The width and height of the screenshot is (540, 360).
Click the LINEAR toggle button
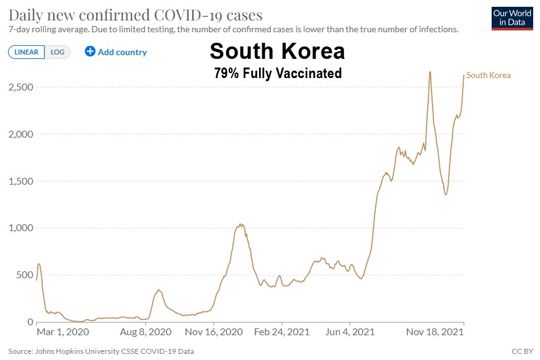[26, 52]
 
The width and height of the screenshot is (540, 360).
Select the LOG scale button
[58, 52]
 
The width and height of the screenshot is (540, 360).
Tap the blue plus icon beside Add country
[90, 51]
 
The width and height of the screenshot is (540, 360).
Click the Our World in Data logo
[511, 19]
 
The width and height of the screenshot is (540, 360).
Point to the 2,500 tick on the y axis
[21, 87]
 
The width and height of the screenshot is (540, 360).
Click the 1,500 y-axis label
[21, 181]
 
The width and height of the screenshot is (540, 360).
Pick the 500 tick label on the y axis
[25, 275]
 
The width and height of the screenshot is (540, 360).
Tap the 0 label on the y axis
[30, 322]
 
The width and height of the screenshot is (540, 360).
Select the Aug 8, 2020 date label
[146, 333]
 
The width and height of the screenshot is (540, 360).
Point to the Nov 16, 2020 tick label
[214, 333]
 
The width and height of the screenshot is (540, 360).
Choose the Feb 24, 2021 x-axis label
[281, 333]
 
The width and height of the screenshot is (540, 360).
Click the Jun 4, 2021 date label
[350, 333]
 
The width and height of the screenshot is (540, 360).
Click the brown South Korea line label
[489, 76]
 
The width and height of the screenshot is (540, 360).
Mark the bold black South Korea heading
[277, 51]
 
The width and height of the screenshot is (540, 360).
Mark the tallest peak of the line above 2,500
[430, 72]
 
